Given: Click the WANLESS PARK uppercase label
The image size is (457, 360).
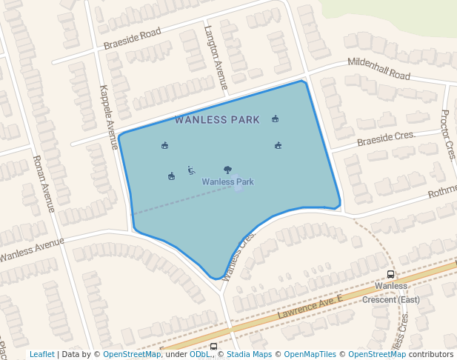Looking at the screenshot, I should [217, 119].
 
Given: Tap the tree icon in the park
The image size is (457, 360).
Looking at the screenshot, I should [227, 170].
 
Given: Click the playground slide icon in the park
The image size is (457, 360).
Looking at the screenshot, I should [191, 170].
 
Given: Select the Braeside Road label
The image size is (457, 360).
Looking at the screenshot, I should [132, 39].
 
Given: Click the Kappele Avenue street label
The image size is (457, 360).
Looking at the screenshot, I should [109, 117].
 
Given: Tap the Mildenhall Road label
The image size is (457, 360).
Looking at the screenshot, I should [378, 70].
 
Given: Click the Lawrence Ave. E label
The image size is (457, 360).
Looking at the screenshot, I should [311, 305].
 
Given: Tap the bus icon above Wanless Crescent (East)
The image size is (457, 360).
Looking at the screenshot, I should [390, 274].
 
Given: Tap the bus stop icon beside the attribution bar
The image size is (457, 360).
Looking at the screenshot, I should [213, 347].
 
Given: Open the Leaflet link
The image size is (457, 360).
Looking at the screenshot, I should [41, 354].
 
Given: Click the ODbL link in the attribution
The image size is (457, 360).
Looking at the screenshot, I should [200, 354].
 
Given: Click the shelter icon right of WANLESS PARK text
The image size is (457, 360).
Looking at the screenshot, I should [275, 119].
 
